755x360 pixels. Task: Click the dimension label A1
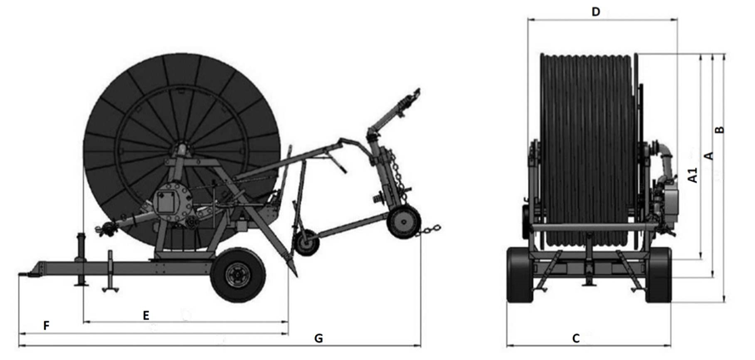(693, 175)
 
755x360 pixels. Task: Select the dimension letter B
(719, 130)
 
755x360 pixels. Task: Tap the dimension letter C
(576, 338)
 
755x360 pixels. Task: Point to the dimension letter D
(596, 12)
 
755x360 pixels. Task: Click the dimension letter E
(146, 315)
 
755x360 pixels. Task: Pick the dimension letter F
(47, 326)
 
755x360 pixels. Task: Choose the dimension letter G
(318, 338)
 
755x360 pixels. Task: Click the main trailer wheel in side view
(238, 275)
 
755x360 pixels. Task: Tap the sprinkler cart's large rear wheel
(403, 222)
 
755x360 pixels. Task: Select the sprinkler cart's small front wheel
(307, 243)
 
